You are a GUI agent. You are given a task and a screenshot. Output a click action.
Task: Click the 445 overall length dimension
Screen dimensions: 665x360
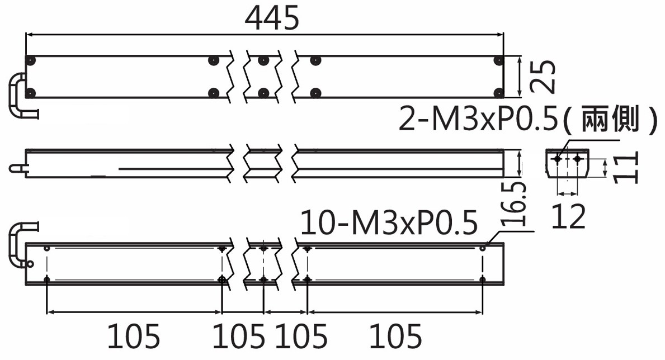pyautogui.click(x=272, y=19)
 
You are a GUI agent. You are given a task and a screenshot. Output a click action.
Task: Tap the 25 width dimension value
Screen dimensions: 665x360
pyautogui.click(x=543, y=77)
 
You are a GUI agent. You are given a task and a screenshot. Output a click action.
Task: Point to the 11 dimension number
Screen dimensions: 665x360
pyautogui.click(x=625, y=168)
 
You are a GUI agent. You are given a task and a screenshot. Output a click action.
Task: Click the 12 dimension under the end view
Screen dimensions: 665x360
pyautogui.click(x=568, y=216)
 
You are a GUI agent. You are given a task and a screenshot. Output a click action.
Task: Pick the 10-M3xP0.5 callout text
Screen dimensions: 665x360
pyautogui.click(x=389, y=222)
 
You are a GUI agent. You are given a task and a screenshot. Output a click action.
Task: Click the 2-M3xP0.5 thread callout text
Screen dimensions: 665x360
pyautogui.click(x=478, y=119)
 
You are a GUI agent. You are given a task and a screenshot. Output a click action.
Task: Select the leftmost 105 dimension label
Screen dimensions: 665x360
pyautogui.click(x=134, y=336)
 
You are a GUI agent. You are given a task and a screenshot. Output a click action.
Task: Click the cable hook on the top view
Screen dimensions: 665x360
pyautogui.click(x=20, y=96)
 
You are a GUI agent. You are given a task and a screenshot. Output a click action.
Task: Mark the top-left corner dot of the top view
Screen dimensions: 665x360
pyautogui.click(x=31, y=60)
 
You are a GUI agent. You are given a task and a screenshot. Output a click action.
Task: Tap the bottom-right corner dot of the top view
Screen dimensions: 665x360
pyautogui.click(x=499, y=93)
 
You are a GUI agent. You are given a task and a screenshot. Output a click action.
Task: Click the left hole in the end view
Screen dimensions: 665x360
pyautogui.click(x=558, y=159)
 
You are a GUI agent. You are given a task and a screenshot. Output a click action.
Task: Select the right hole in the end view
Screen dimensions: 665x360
pyautogui.click(x=577, y=159)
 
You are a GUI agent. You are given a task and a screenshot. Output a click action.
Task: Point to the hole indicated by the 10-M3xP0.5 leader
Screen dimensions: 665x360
pyautogui.click(x=483, y=248)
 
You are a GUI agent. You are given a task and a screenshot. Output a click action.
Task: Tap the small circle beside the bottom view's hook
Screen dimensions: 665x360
pyautogui.click(x=30, y=264)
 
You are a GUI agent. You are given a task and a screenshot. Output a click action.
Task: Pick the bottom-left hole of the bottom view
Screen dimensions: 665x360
pyautogui.click(x=46, y=279)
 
